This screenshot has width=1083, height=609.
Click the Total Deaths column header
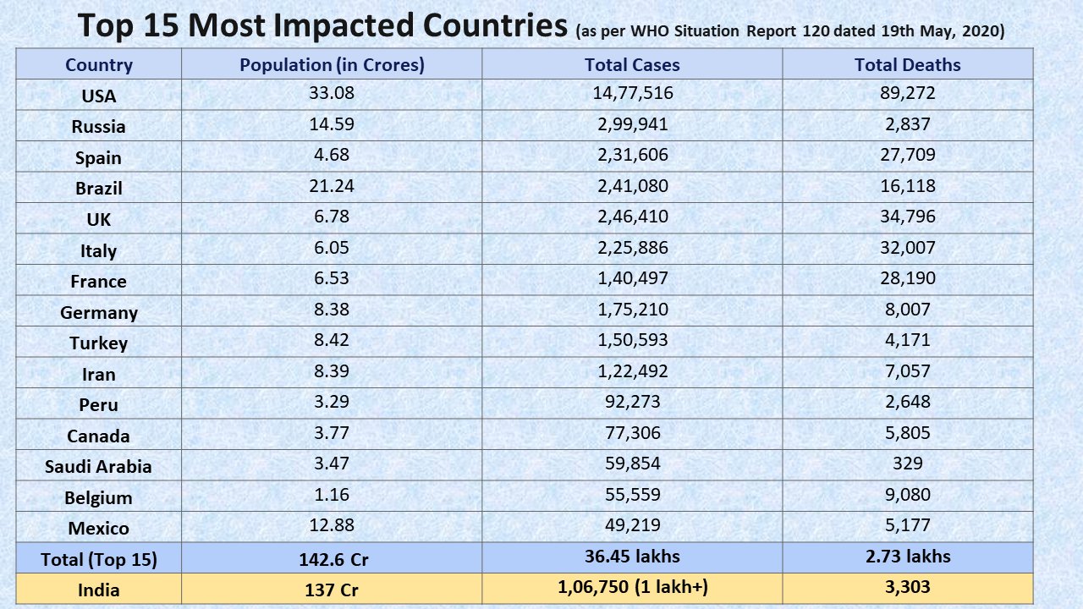click(907, 65)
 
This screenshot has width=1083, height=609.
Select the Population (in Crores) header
click(332, 65)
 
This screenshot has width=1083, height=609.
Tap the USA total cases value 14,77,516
click(632, 93)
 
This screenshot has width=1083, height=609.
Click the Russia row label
click(98, 127)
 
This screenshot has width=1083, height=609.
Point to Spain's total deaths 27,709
click(907, 156)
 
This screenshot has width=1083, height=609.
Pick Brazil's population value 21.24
click(332, 186)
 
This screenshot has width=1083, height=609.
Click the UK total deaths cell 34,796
click(907, 217)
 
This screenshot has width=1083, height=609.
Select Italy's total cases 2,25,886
click(632, 248)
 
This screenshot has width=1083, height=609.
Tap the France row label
click(98, 282)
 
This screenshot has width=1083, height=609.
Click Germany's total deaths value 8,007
click(907, 310)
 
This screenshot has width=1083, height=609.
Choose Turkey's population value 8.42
click(332, 340)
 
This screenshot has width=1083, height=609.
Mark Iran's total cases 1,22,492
click(632, 371)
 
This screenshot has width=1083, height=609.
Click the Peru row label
click(98, 405)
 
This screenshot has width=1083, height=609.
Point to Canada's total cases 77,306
click(632, 433)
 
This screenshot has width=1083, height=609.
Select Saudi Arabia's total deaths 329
click(907, 464)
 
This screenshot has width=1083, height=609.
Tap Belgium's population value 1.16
click(332, 495)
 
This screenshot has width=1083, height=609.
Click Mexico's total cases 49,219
click(632, 525)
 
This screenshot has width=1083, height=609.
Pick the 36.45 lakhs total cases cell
click(632, 557)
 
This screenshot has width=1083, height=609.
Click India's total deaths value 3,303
click(907, 588)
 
